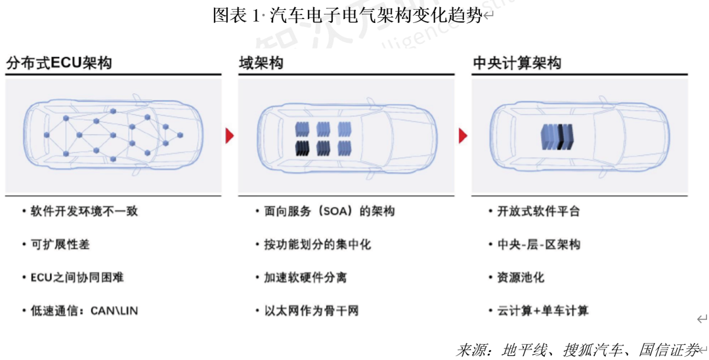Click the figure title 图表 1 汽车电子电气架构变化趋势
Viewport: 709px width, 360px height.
[x=347, y=16]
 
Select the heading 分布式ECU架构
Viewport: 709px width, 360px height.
[x=59, y=63]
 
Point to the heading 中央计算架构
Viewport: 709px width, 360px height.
[x=517, y=63]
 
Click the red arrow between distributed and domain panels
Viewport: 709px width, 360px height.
[x=230, y=136]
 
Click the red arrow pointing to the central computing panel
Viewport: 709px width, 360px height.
[x=463, y=136]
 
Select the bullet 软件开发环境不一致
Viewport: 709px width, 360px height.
[x=84, y=212]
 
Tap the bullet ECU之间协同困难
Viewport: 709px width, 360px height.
[x=77, y=277]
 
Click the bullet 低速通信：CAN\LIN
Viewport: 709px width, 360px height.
[x=84, y=310]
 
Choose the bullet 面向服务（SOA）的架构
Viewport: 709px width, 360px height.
[x=329, y=212]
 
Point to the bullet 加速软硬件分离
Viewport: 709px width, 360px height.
[x=305, y=277]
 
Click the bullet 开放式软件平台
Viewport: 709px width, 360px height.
[x=538, y=212]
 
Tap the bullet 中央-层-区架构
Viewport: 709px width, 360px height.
[x=538, y=244]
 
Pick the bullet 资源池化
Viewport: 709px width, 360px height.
[x=520, y=277]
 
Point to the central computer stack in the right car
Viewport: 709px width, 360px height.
[x=557, y=137]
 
